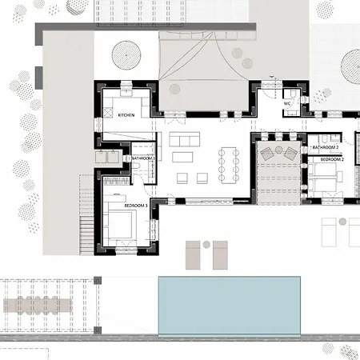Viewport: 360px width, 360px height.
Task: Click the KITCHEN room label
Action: [x=126, y=115]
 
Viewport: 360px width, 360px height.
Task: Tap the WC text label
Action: [x=288, y=103]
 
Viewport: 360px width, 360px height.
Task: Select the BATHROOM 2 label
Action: [x=325, y=149]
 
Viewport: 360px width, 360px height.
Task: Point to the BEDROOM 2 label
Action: [x=331, y=160]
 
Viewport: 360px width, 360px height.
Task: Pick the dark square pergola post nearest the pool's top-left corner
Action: [x=98, y=281]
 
